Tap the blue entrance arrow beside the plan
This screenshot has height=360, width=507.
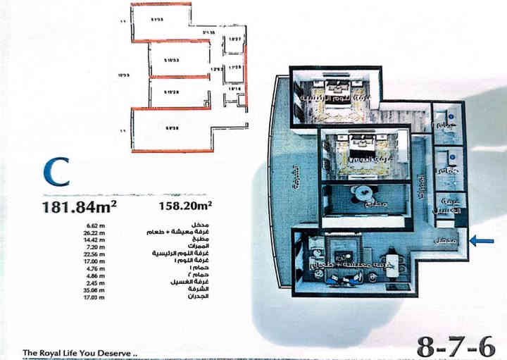coord(482,241)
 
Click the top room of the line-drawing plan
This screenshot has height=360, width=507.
coord(161,21)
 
